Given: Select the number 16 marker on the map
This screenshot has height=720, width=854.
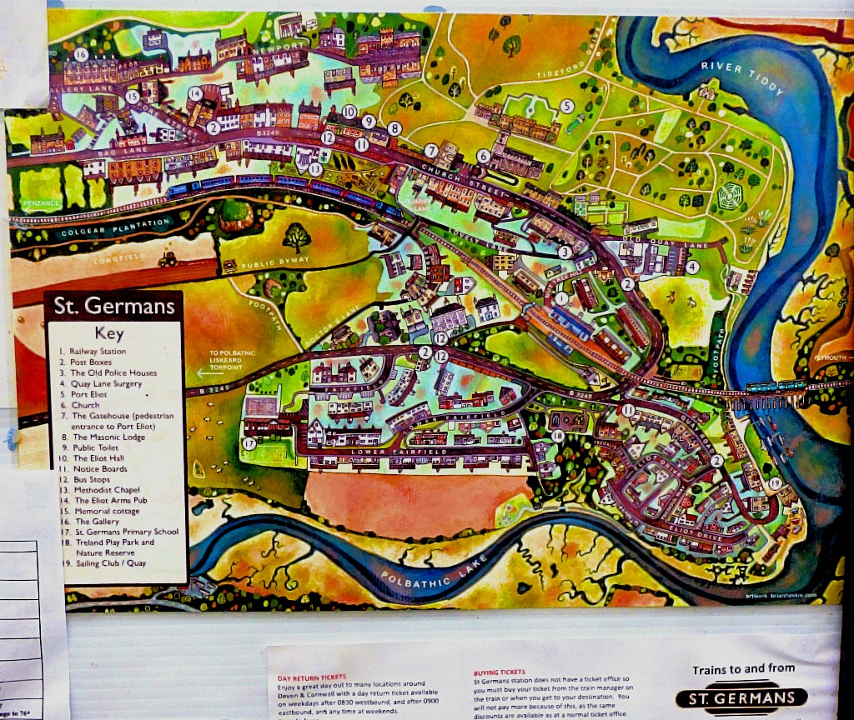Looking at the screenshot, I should coord(80,54).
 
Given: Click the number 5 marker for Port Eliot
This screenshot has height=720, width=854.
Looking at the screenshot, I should coord(566,106).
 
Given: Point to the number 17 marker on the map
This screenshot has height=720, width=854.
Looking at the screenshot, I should coord(249,443).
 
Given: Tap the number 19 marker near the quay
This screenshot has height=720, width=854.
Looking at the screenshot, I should coord(775,483).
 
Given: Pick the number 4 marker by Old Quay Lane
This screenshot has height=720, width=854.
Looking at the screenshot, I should coord(692,267).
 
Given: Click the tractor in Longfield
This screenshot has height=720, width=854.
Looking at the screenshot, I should coord(166,258).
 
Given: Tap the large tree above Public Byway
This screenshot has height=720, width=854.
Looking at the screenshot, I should coord(296,237).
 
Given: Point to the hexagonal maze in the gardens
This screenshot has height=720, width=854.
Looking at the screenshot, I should coord(732,198).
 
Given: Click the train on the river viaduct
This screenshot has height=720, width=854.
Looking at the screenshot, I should coord(776,386).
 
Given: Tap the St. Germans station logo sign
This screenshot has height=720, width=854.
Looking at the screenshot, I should coord(741,697).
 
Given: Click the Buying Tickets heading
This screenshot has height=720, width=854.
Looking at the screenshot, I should coord(499,672).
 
